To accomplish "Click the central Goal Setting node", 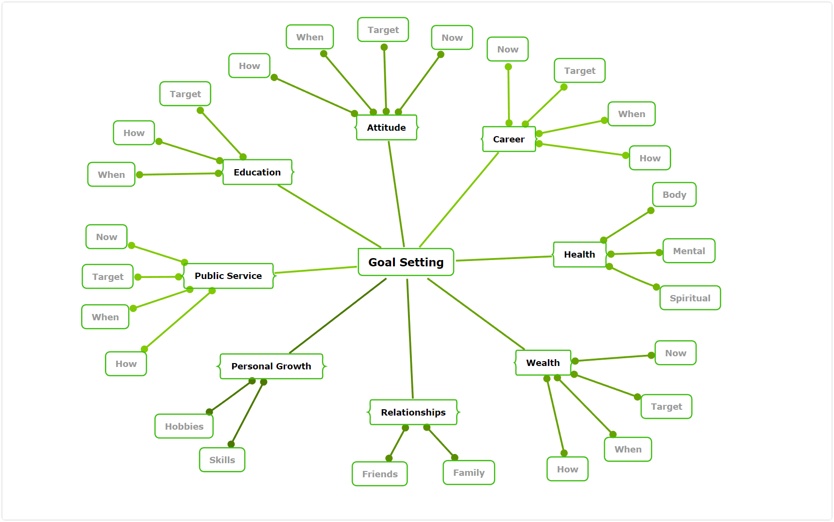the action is point(406,262).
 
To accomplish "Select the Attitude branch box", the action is point(387,127).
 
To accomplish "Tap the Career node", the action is point(509,139).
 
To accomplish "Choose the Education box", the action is point(257,172).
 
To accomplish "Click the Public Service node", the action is point(228,276).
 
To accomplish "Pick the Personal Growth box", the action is point(272,366).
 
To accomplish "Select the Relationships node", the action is point(413,412).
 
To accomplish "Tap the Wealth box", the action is point(543,363).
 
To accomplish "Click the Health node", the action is point(579,254).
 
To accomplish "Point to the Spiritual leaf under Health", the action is point(690,298).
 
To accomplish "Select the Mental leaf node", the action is point(689,251).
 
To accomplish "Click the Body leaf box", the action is point(675,194).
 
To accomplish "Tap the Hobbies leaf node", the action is point(184,426).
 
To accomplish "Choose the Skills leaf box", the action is point(222,460).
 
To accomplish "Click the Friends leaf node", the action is point(380,474).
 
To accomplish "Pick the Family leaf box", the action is point(469,472).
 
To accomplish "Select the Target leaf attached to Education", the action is point(185,94).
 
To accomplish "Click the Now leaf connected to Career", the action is point(508,49).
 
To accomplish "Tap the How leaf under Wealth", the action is point(567,469).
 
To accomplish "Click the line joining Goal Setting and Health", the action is point(504,259).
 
